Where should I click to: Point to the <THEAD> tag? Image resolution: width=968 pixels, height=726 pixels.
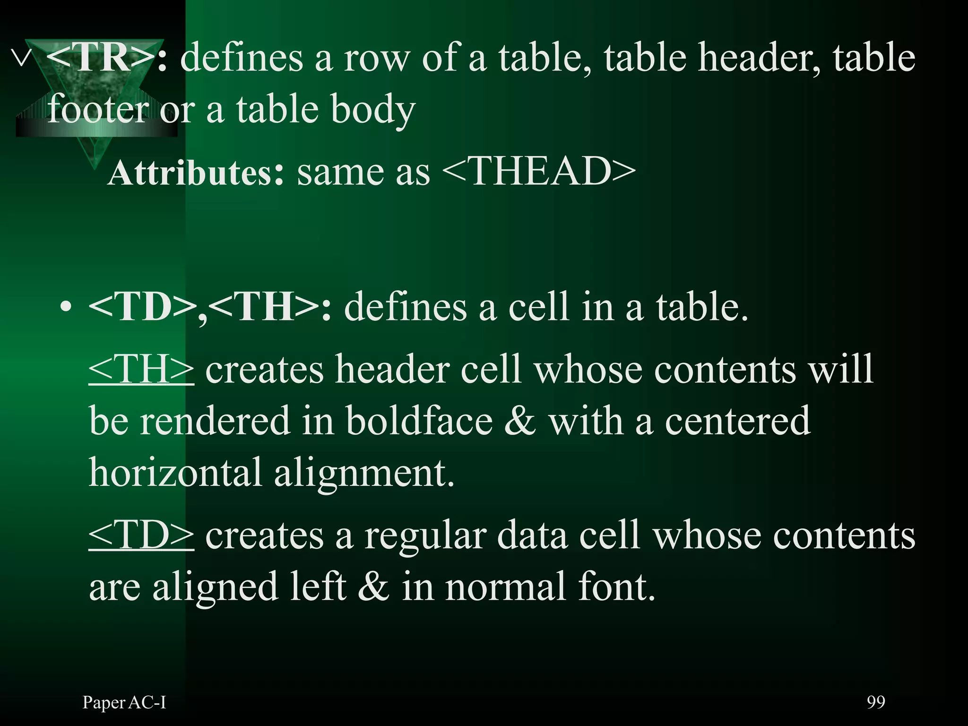coord(539,171)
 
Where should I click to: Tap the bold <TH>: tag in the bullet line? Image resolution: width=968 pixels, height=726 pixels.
coord(269,307)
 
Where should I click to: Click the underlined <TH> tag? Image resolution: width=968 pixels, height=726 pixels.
coord(141,370)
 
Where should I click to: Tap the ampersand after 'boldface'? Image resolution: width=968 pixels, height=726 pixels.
coord(520,421)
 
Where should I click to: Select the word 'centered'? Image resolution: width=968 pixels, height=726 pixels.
coord(738,421)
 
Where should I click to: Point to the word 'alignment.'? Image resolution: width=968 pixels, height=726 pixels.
coord(364,474)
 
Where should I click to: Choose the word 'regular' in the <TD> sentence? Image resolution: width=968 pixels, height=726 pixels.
coord(425,536)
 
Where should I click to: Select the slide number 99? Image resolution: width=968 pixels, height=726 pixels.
coord(876,702)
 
